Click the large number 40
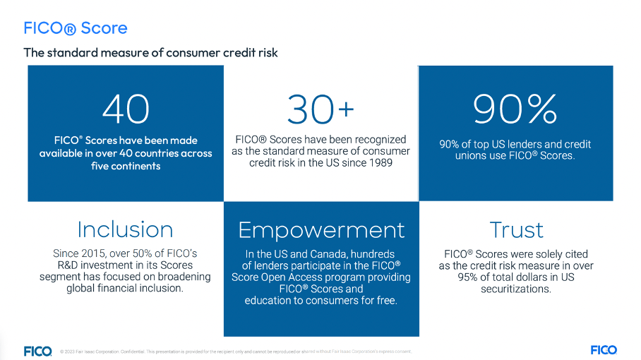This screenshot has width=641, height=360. click(x=126, y=108)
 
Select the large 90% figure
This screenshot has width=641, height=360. click(x=515, y=108)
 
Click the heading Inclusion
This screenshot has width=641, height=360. click(x=125, y=229)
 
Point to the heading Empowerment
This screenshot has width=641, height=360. click(x=321, y=229)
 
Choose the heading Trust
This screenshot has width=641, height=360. click(x=516, y=229)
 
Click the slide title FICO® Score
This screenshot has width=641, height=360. click(x=76, y=28)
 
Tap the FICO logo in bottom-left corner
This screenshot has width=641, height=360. click(x=37, y=351)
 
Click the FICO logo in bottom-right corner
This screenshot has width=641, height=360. click(x=603, y=350)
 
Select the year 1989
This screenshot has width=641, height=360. click(x=379, y=162)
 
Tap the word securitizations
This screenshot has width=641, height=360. click(x=516, y=289)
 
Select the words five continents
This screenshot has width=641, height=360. click(x=126, y=166)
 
